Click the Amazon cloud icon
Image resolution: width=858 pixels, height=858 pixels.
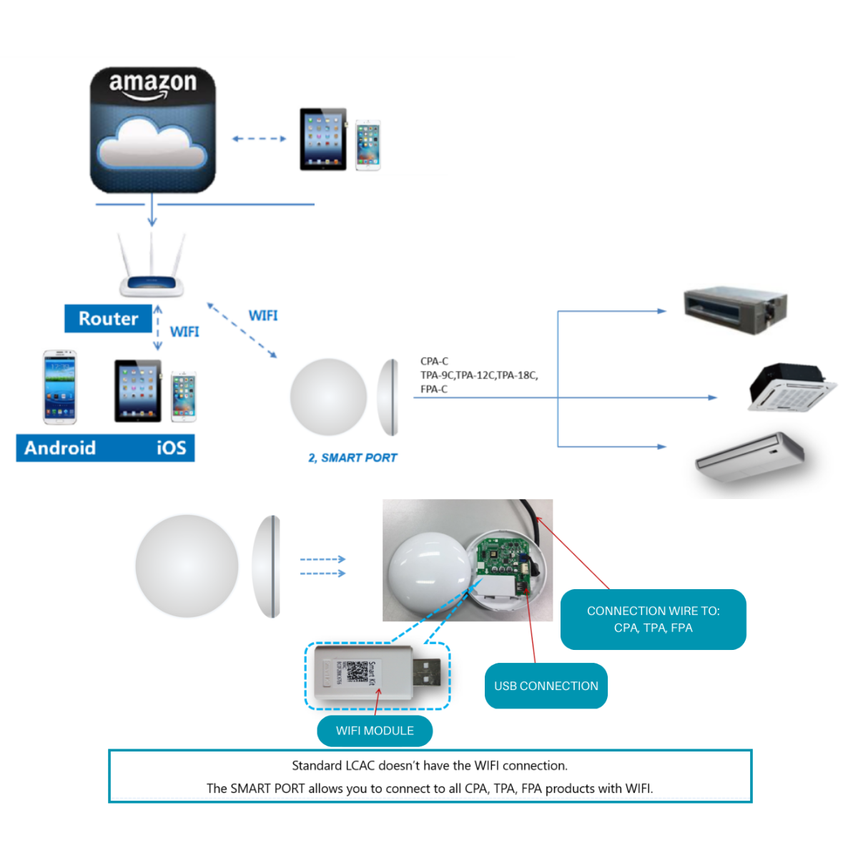pos(152,130)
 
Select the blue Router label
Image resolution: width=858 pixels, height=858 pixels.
pos(108,319)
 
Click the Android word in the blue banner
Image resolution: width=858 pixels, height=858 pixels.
pos(60,448)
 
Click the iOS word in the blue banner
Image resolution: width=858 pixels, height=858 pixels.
pos(172,448)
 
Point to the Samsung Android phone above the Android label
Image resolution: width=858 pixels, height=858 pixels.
pos(60,387)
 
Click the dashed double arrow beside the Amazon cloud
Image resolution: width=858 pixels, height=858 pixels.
pos(259,139)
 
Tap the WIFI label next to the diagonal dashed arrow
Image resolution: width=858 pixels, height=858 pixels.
pos(263,315)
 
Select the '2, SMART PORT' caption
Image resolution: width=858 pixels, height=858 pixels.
pos(352,458)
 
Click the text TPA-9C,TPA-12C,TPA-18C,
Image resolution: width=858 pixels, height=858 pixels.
pos(479,375)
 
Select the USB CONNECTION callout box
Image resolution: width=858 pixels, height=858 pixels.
pos(546,686)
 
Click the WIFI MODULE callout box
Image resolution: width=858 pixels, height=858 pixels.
pos(375,731)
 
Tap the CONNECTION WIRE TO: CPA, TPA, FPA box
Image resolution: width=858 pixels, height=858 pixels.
pos(653,619)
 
